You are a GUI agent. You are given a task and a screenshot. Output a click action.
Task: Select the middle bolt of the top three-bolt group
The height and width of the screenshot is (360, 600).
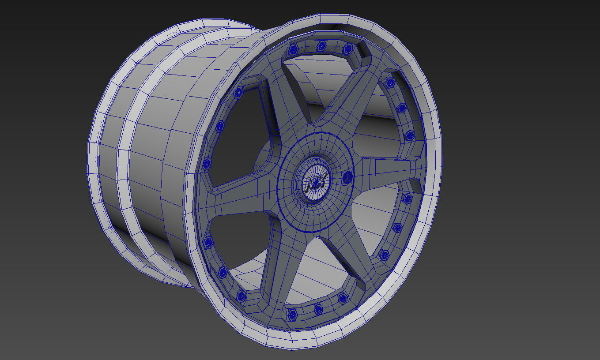(x=322, y=45)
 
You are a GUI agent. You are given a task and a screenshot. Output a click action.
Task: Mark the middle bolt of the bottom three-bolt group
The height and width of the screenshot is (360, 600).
(x=318, y=309)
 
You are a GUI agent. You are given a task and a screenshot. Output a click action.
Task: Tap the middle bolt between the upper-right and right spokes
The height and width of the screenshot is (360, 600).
(x=401, y=108)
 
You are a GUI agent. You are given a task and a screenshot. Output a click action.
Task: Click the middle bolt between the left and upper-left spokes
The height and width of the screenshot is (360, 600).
(x=219, y=127)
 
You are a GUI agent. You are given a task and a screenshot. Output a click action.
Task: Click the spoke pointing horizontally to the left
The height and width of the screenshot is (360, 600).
(x=238, y=199)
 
